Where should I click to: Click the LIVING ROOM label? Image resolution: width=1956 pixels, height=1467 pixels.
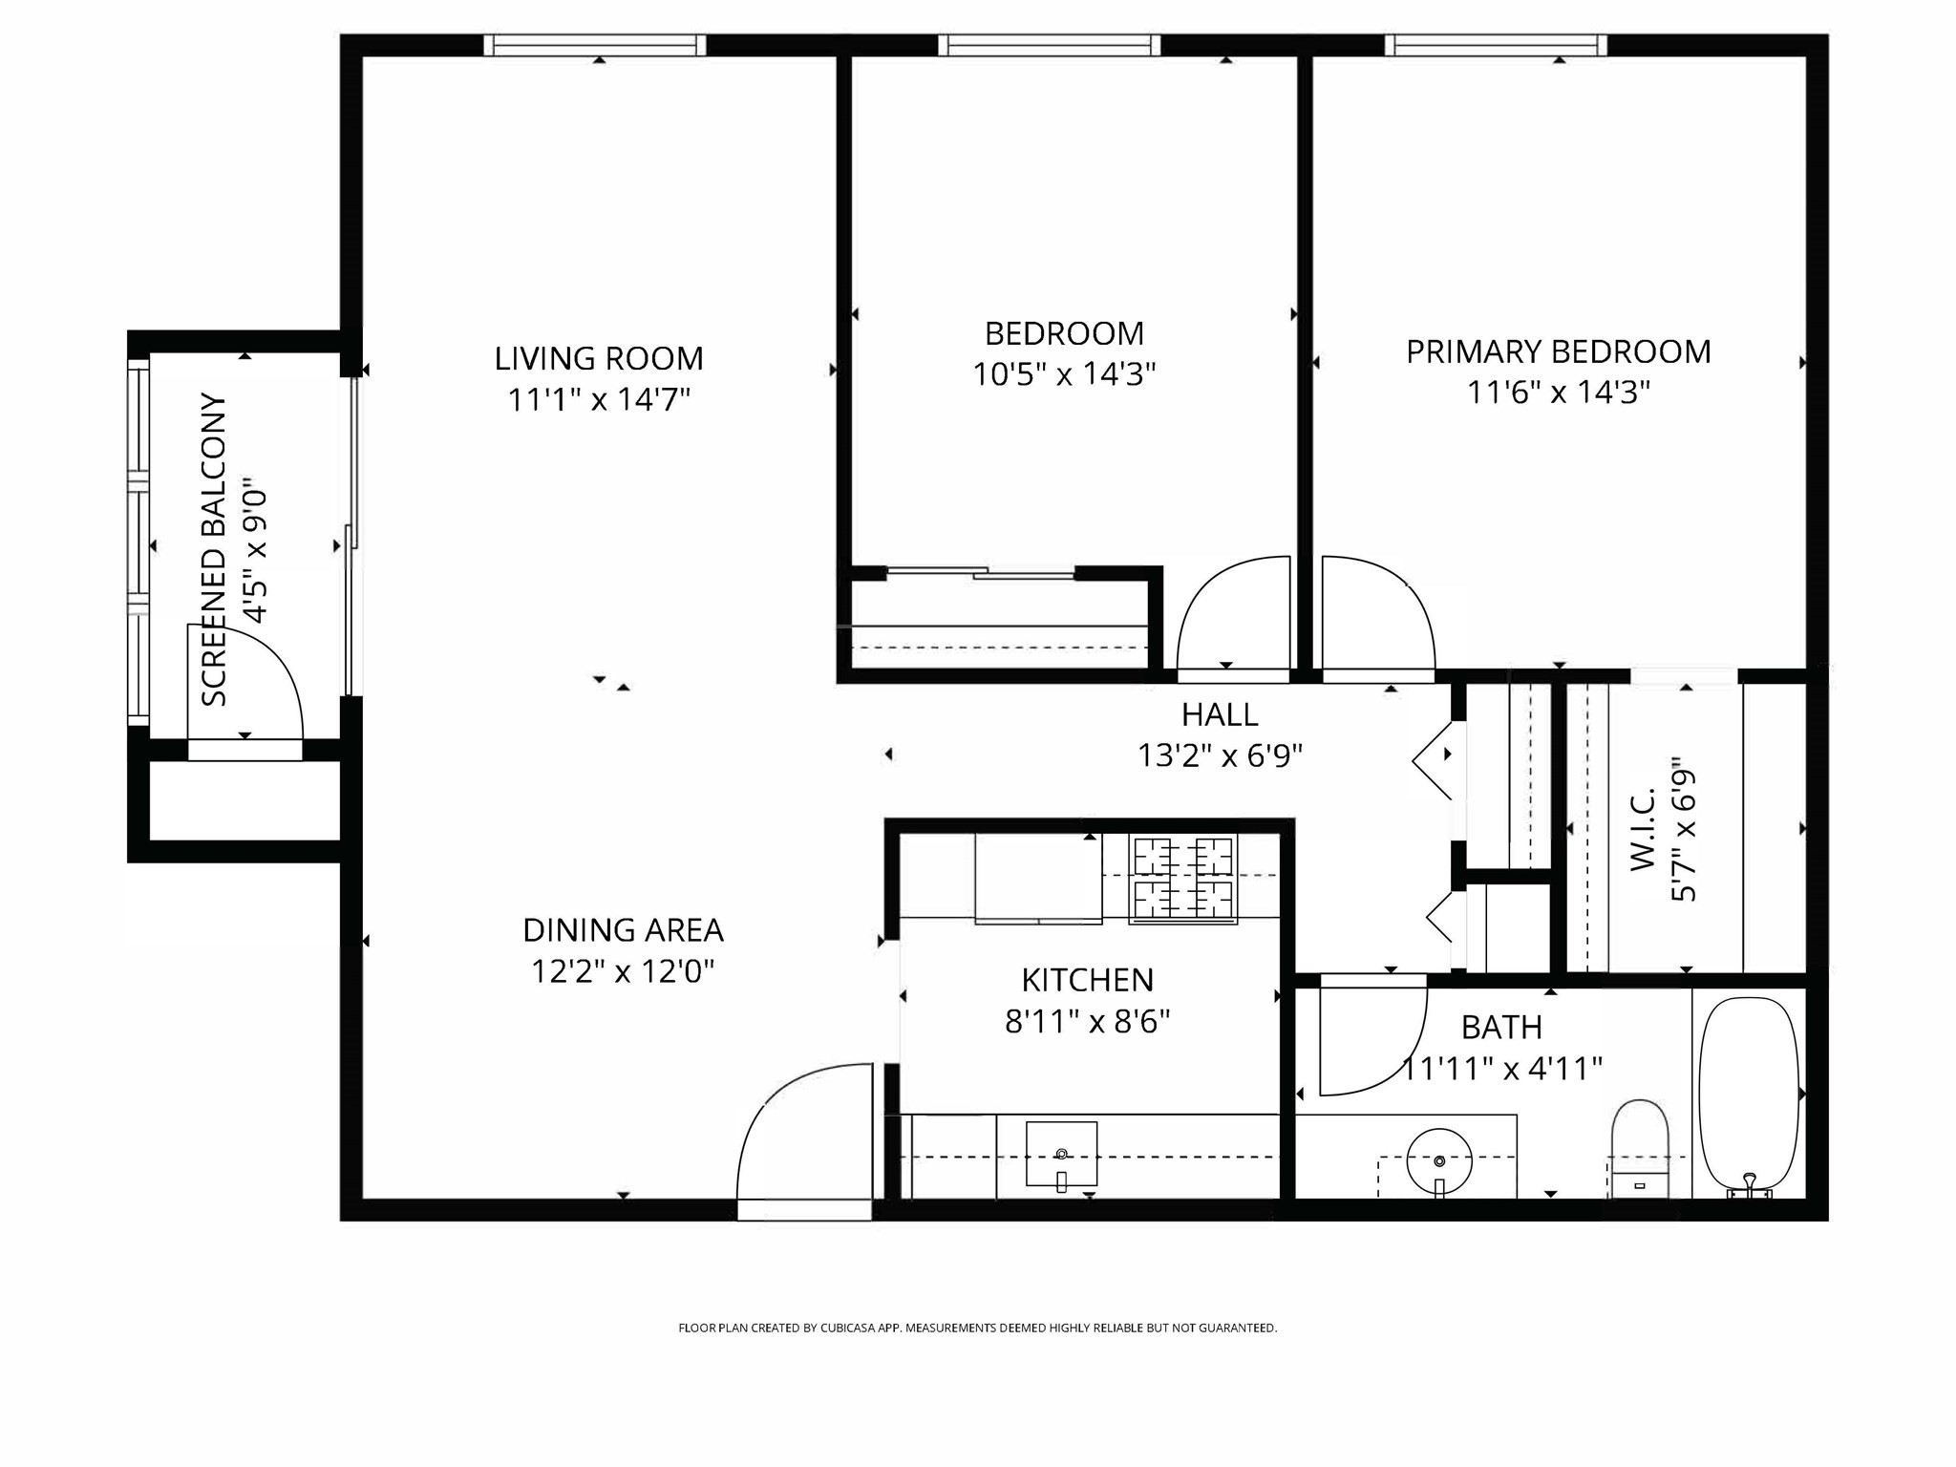(x=599, y=359)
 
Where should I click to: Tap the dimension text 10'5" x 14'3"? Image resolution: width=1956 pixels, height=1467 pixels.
(x=1064, y=374)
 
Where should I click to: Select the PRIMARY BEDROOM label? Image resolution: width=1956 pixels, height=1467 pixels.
(x=1558, y=351)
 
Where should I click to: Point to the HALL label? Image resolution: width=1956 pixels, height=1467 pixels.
(x=1220, y=714)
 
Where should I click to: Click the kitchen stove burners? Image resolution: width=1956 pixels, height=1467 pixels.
(x=1182, y=879)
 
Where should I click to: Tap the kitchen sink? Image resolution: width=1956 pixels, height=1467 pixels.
(x=1061, y=1154)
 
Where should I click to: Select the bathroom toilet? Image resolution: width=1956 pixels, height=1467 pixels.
(x=1639, y=1149)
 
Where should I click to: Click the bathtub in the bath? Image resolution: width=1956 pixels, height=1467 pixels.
(x=1749, y=1094)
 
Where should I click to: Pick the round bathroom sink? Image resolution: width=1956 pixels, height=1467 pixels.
(x=1439, y=1160)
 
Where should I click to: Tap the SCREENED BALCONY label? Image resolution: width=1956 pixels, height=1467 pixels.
(x=216, y=549)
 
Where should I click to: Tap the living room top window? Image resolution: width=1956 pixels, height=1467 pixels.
(x=594, y=45)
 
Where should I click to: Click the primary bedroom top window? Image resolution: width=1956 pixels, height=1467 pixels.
(x=1495, y=45)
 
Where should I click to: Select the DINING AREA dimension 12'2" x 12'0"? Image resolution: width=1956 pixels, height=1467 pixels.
(x=623, y=972)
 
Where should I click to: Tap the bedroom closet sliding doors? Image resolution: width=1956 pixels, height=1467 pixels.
(x=981, y=573)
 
